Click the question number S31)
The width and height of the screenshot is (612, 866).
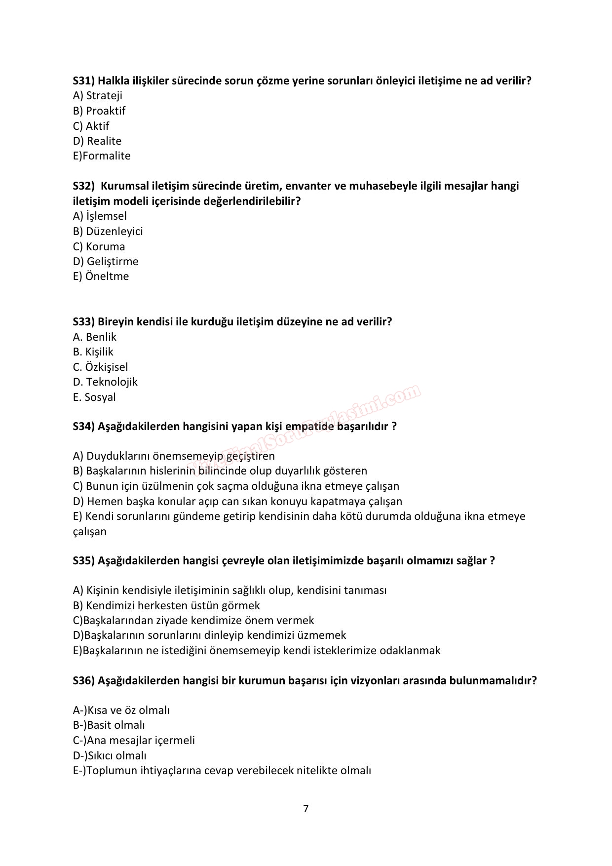click(x=83, y=81)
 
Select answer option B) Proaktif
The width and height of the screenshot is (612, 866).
click(x=99, y=111)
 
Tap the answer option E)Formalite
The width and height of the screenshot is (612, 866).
click(x=102, y=156)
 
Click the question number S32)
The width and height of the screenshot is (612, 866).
click(x=83, y=186)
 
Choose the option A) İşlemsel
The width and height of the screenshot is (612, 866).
click(x=100, y=216)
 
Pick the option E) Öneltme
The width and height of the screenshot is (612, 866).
click(x=101, y=276)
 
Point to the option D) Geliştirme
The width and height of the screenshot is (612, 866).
click(x=106, y=262)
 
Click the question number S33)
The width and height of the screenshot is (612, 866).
click(x=83, y=322)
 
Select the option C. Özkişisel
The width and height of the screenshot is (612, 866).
click(x=100, y=367)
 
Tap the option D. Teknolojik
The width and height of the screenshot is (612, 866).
click(x=105, y=382)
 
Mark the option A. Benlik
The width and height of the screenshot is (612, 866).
click(x=94, y=337)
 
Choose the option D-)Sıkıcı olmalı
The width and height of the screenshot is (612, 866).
click(x=110, y=756)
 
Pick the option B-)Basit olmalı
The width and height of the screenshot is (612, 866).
click(x=109, y=725)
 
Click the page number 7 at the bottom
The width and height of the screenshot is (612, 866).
click(x=306, y=809)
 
